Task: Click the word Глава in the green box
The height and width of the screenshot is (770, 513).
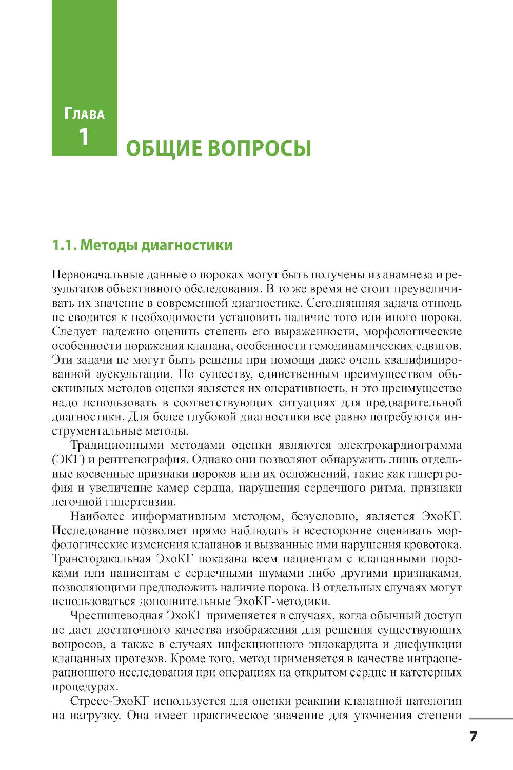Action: [85, 114]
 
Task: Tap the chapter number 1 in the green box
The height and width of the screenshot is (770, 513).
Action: [83, 137]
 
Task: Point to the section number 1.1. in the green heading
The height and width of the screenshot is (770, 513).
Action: [64, 245]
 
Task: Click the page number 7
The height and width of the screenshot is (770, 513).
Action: [473, 737]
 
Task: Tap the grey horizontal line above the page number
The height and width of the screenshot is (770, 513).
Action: [490, 718]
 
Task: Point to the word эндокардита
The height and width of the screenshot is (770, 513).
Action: [348, 644]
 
